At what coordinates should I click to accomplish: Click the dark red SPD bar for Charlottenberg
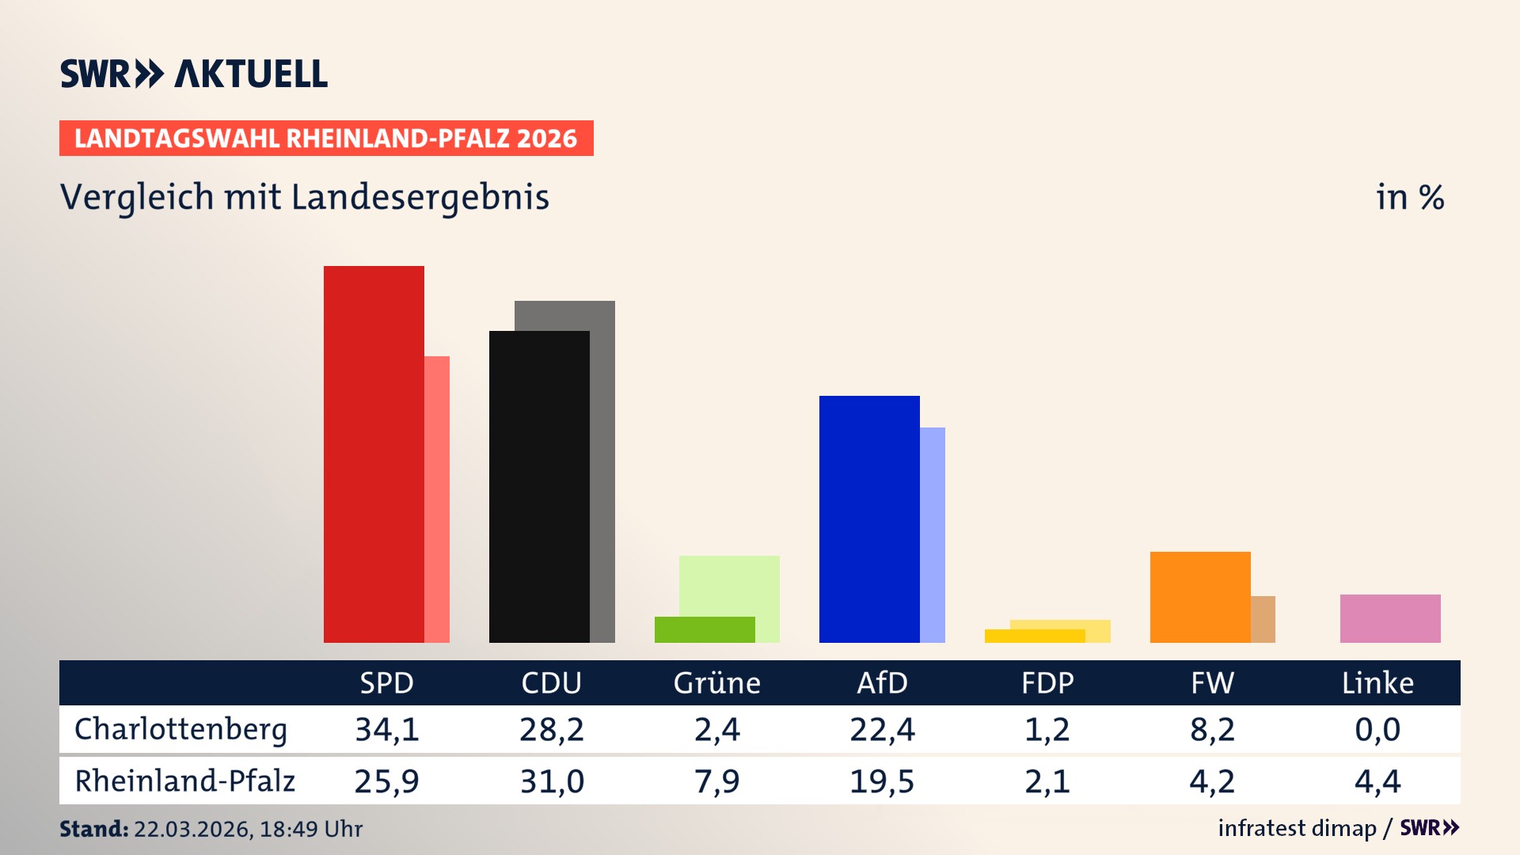(374, 454)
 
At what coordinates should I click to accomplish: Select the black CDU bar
(539, 487)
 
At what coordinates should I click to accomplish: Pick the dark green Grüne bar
(705, 629)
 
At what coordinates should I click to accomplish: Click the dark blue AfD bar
(869, 519)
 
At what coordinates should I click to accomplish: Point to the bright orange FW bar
(1200, 597)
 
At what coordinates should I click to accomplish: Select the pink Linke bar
(1390, 618)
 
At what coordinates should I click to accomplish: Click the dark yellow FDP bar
(1034, 636)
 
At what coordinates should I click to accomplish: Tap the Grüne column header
(716, 683)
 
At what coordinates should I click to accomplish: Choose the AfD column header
(882, 683)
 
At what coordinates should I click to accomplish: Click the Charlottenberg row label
(180, 729)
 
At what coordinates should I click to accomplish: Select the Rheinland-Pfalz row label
(184, 781)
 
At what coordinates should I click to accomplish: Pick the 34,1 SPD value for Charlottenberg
(386, 729)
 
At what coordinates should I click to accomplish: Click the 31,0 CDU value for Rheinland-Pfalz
(552, 781)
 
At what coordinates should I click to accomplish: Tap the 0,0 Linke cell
(1377, 729)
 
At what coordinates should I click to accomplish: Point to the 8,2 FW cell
(1212, 729)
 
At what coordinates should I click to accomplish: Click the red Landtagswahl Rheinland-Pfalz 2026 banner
(326, 139)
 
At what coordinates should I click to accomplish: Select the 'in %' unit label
(1409, 197)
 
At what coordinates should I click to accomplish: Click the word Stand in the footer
(93, 829)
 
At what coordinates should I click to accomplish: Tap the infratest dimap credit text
(1297, 828)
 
